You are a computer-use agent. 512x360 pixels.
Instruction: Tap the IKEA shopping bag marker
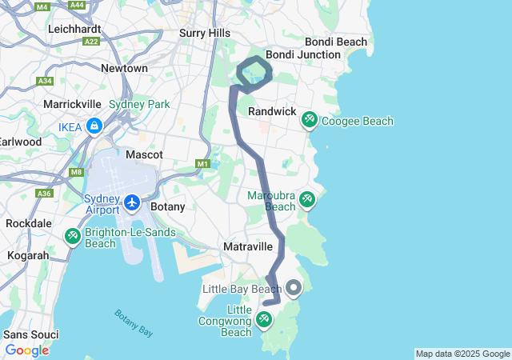point(95,126)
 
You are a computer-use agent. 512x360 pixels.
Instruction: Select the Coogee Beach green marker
point(309,121)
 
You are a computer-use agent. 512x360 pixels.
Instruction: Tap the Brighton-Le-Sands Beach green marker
point(72,236)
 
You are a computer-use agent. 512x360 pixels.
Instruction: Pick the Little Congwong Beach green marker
point(264,320)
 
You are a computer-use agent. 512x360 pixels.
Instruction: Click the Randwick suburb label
point(272,111)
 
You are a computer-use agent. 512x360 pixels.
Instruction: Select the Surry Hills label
point(204,33)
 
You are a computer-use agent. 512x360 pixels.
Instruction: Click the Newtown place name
point(124,69)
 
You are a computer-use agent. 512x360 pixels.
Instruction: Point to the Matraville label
point(250,246)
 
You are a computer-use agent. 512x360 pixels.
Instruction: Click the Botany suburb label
point(168,206)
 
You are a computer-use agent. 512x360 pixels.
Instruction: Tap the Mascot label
point(145,154)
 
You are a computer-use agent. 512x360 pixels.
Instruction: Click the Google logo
point(26,350)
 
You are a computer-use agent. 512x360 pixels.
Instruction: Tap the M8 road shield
point(76,172)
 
